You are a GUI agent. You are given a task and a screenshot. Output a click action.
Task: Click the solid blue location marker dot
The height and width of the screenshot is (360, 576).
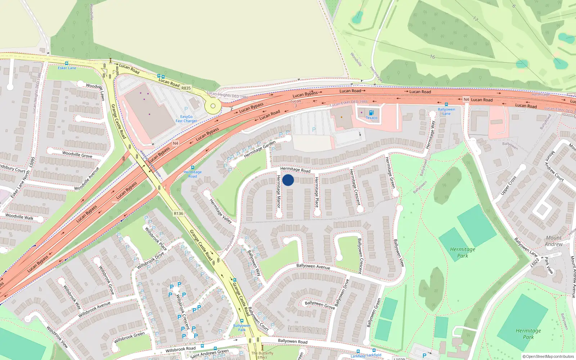[x=288, y=180]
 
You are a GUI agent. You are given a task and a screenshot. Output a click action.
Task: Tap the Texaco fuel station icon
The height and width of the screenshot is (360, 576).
[x=372, y=113]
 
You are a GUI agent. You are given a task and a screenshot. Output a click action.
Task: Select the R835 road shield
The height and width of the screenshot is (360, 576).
[x=186, y=88]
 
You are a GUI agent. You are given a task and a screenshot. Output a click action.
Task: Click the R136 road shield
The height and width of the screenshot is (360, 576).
[x=179, y=213]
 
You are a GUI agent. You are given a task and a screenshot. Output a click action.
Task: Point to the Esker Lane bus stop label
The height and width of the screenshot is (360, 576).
[x=67, y=68]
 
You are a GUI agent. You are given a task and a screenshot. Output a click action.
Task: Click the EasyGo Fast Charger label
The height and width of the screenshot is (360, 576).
[x=186, y=119]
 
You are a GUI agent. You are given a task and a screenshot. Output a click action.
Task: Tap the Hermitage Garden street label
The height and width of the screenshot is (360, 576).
[x=260, y=149]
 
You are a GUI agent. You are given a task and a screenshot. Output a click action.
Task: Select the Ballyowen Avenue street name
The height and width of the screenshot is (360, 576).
[x=313, y=266]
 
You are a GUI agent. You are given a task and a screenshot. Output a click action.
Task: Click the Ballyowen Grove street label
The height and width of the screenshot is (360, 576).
[x=320, y=305]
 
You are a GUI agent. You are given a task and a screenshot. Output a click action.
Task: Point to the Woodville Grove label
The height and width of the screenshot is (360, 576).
[x=77, y=154]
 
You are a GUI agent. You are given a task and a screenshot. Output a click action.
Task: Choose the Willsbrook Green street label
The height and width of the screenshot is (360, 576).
[x=129, y=337]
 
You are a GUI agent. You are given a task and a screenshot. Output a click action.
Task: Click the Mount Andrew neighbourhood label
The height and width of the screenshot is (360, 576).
[x=554, y=241]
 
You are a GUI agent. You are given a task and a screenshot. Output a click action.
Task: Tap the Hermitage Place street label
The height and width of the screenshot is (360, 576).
[x=317, y=192]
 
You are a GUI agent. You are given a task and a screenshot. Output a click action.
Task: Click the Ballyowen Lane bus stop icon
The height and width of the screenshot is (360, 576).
[x=446, y=104]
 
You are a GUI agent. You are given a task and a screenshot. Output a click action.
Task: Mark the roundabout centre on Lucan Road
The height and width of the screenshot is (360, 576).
[x=213, y=106]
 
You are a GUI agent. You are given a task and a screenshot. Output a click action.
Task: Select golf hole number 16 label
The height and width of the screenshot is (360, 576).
[x=432, y=57]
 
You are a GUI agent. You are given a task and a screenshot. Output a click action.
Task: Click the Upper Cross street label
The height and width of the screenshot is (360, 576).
[x=508, y=186]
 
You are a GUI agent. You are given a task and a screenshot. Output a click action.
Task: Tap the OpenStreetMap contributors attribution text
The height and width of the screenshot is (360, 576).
[x=548, y=356]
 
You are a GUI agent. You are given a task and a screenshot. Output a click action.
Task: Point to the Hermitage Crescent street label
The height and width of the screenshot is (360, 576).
[x=355, y=187]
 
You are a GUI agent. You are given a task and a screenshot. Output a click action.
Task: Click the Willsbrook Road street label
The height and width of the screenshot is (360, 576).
[x=180, y=349]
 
